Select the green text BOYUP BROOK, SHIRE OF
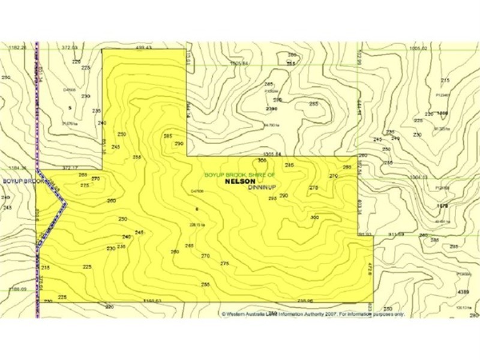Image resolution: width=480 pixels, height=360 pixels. point(240,175)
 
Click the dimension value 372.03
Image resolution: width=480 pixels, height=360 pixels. point(70,47)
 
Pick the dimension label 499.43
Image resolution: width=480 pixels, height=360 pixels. point(143,47)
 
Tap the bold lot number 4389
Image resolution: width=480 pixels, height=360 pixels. point(463,292)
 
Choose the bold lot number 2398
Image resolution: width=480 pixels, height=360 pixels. point(271,109)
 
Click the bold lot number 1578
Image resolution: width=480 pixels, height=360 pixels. point(443,205)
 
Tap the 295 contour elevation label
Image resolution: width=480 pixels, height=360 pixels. point(272,198)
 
